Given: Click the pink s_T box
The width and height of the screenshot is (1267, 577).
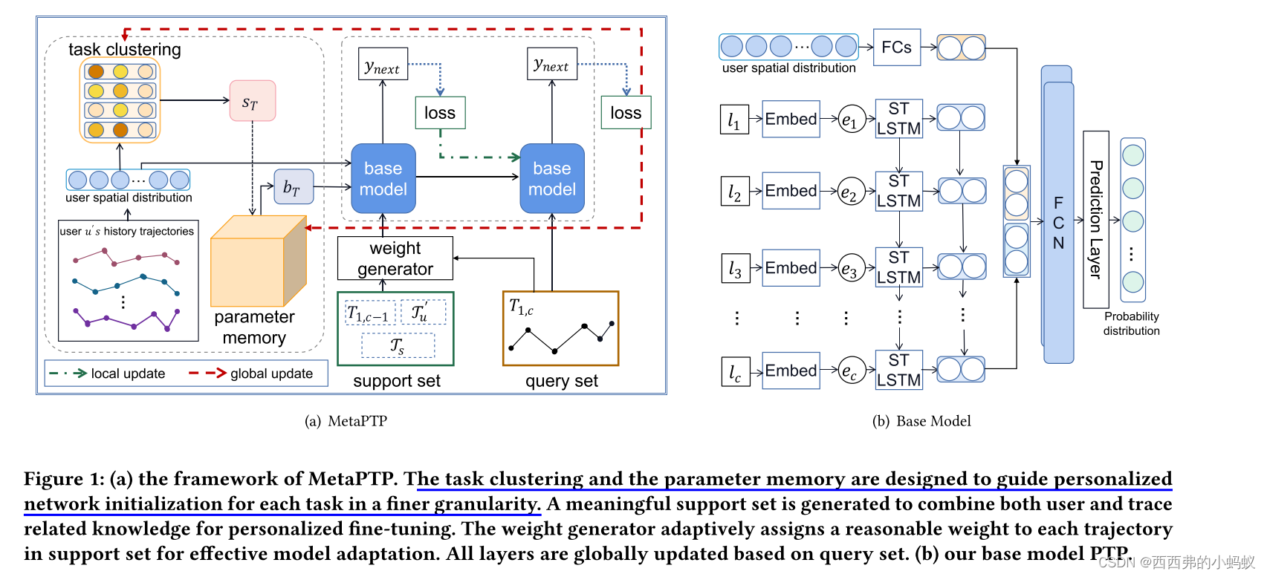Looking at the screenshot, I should pyautogui.click(x=253, y=101).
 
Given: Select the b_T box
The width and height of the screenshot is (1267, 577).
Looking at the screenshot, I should pyautogui.click(x=293, y=186).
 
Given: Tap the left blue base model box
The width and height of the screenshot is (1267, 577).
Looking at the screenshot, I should pyautogui.click(x=383, y=179).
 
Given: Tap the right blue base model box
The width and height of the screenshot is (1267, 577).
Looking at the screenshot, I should pyautogui.click(x=551, y=179).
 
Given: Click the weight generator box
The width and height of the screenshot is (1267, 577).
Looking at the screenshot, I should pyautogui.click(x=395, y=258).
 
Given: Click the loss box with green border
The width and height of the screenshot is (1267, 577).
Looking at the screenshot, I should pyautogui.click(x=440, y=113).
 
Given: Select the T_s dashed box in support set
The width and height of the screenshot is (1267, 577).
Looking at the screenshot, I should pyautogui.click(x=398, y=346).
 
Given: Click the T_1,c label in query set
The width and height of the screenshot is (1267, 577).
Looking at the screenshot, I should pyautogui.click(x=521, y=307).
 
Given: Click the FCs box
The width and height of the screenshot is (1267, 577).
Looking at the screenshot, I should pyautogui.click(x=896, y=48).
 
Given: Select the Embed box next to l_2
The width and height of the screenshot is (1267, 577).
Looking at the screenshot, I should pyautogui.click(x=791, y=191).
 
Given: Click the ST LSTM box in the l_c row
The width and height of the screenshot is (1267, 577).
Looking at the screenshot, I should pyautogui.click(x=898, y=370).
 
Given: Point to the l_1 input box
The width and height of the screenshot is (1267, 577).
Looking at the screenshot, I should pyautogui.click(x=733, y=120).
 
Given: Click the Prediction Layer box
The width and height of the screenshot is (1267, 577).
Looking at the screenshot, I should pyautogui.click(x=1095, y=219).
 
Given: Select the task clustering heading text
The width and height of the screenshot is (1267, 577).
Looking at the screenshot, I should pyautogui.click(x=125, y=50).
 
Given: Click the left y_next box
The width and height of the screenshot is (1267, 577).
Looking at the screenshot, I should pyautogui.click(x=383, y=65).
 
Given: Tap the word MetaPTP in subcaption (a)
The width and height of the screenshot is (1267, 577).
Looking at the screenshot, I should pyautogui.click(x=357, y=421).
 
